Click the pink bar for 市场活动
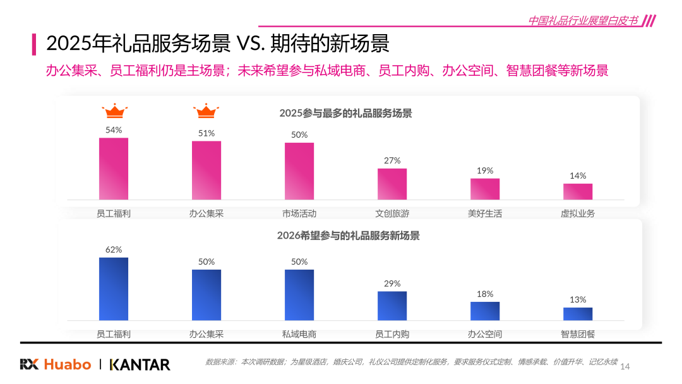299,171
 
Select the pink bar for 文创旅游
392,184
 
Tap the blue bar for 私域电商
299,296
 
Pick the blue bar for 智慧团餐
578,314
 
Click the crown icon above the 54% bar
114,111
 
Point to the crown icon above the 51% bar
206,111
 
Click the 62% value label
114,249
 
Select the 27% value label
392,160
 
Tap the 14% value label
578,176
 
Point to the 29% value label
392,284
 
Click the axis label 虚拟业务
578,213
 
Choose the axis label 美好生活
484,213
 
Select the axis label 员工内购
392,334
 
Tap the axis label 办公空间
484,334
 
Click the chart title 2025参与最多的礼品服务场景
345,114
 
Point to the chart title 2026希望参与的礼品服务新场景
349,236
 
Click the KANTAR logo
140,364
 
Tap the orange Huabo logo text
68,364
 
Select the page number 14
625,366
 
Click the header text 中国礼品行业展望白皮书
583,20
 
